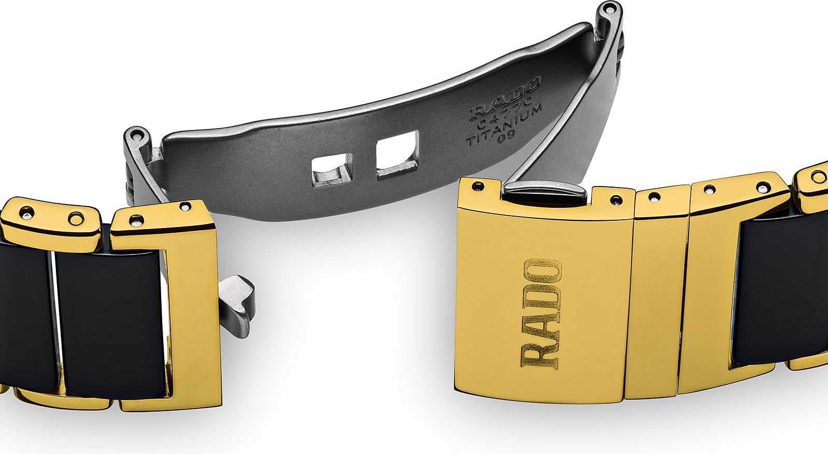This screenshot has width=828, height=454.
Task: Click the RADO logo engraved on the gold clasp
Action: [x=541, y=314]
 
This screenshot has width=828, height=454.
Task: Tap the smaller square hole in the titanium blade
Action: [x=332, y=169]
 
